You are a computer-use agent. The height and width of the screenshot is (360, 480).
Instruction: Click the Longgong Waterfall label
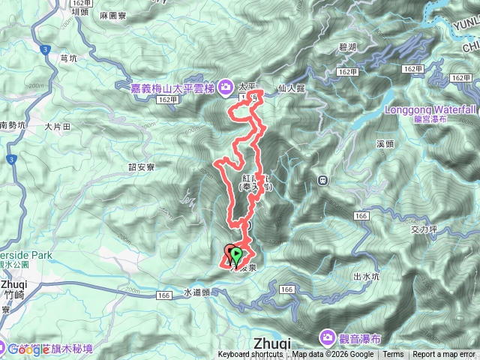(431, 109)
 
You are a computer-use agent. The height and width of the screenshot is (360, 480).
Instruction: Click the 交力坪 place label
(424, 231)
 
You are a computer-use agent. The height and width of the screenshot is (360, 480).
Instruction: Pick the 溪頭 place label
(385, 142)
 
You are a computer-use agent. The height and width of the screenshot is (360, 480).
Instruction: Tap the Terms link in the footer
(393, 355)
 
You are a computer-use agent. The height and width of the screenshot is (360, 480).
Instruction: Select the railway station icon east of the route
(323, 180)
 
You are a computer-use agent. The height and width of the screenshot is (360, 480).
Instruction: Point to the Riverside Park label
(25, 255)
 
